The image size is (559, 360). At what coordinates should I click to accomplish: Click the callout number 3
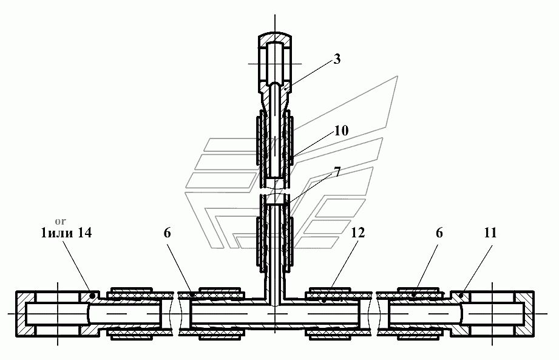click(337, 59)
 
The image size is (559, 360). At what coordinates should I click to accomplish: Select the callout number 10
click(341, 131)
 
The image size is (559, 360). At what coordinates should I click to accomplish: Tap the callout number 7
click(337, 172)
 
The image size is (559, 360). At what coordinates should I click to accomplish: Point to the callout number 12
click(358, 233)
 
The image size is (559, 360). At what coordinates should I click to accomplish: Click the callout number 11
click(490, 233)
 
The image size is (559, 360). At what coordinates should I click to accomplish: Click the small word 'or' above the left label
click(61, 222)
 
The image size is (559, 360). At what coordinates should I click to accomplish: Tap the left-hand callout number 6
click(168, 233)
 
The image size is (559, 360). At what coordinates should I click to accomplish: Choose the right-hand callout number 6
click(439, 233)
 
